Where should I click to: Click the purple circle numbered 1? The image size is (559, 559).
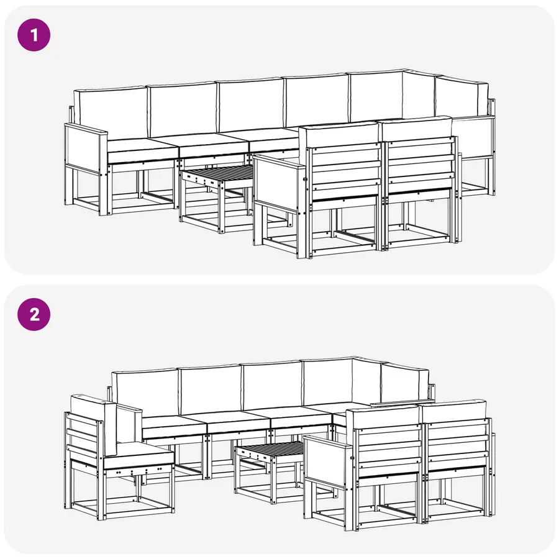[x=34, y=35]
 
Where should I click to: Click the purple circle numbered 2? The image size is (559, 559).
[x=34, y=314]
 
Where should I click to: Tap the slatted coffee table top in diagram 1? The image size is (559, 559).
[x=217, y=174]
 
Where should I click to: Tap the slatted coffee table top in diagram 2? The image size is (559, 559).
[x=270, y=450]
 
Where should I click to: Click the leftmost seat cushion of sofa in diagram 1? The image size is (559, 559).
[x=142, y=150]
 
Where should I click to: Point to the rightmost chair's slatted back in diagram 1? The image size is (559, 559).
[x=421, y=165]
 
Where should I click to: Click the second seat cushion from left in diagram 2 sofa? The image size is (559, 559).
[x=238, y=423]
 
